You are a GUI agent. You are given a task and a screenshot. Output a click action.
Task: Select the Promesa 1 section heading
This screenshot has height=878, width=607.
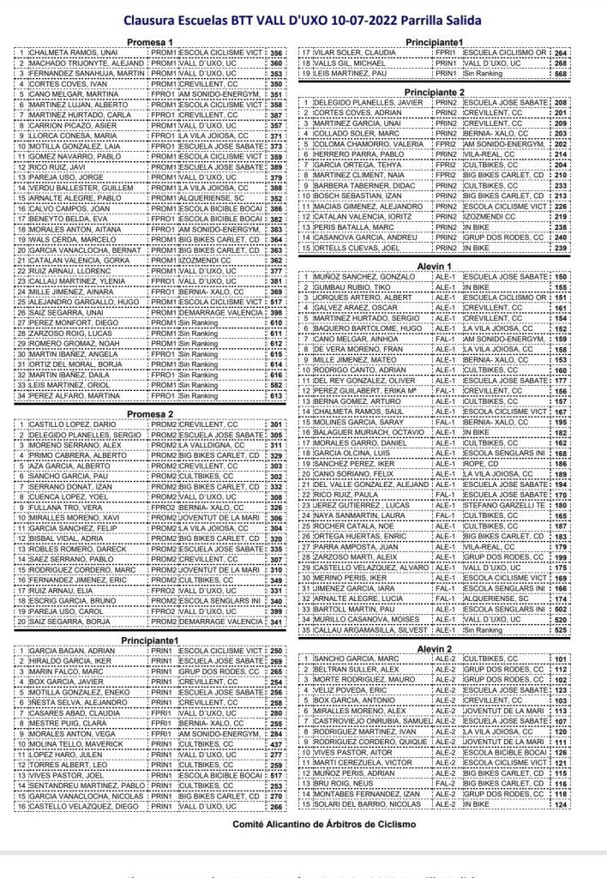coord(151,42)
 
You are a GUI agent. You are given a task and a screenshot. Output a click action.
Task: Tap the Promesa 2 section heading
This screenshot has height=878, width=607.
coord(151,413)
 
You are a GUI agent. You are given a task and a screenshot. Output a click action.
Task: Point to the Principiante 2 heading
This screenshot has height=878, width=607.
coord(434,91)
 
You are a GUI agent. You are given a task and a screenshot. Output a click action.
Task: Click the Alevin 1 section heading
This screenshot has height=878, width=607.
coord(434,267)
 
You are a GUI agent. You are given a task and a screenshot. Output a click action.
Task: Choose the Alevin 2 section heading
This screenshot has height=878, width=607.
coord(434,648)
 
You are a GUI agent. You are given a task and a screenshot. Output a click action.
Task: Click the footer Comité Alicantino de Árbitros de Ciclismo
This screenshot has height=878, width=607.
coord(303,822)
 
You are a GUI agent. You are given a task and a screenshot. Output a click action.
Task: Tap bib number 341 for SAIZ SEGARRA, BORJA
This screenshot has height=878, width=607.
coord(274,622)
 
